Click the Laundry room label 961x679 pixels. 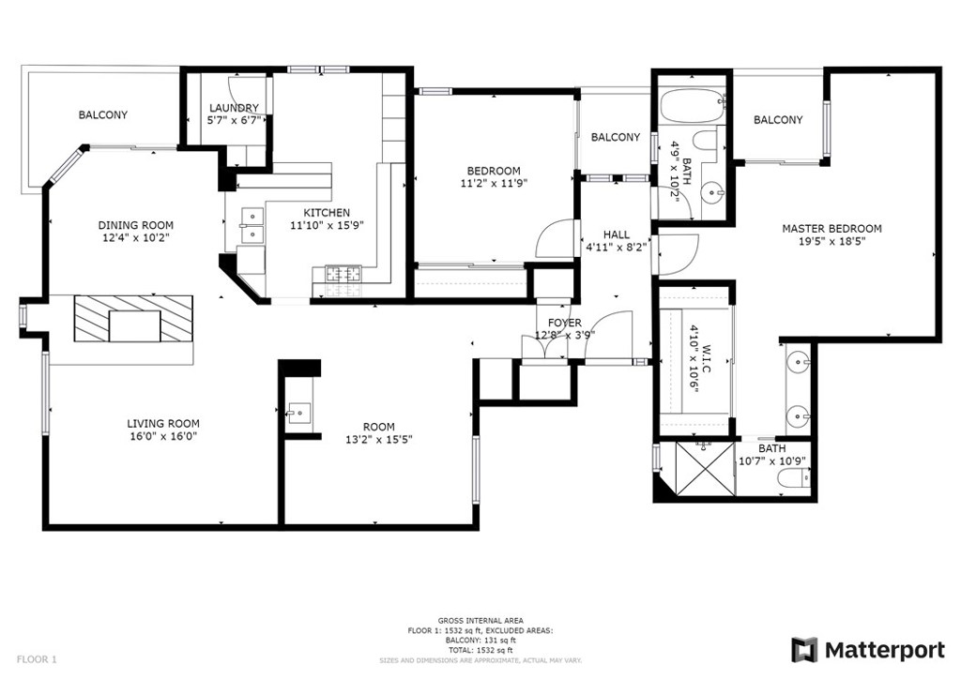click(234, 108)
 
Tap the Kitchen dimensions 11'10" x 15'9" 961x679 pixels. click(327, 225)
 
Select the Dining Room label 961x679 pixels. click(136, 225)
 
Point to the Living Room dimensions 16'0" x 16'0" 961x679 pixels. click(163, 436)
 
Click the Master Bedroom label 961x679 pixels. click(831, 229)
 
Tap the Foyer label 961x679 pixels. click(564, 323)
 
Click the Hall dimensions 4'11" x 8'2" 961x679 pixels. click(616, 248)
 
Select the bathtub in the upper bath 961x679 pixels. click(693, 108)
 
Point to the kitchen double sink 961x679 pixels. click(252, 225)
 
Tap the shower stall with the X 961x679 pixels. click(704, 468)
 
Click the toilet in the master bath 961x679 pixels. click(795, 477)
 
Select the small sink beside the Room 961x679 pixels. click(299, 414)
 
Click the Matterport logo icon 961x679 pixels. click(803, 650)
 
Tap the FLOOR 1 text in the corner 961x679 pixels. click(37, 660)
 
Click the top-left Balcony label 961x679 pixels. click(103, 114)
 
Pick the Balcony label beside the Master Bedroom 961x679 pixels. click(778, 120)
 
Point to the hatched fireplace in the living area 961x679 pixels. click(133, 319)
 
